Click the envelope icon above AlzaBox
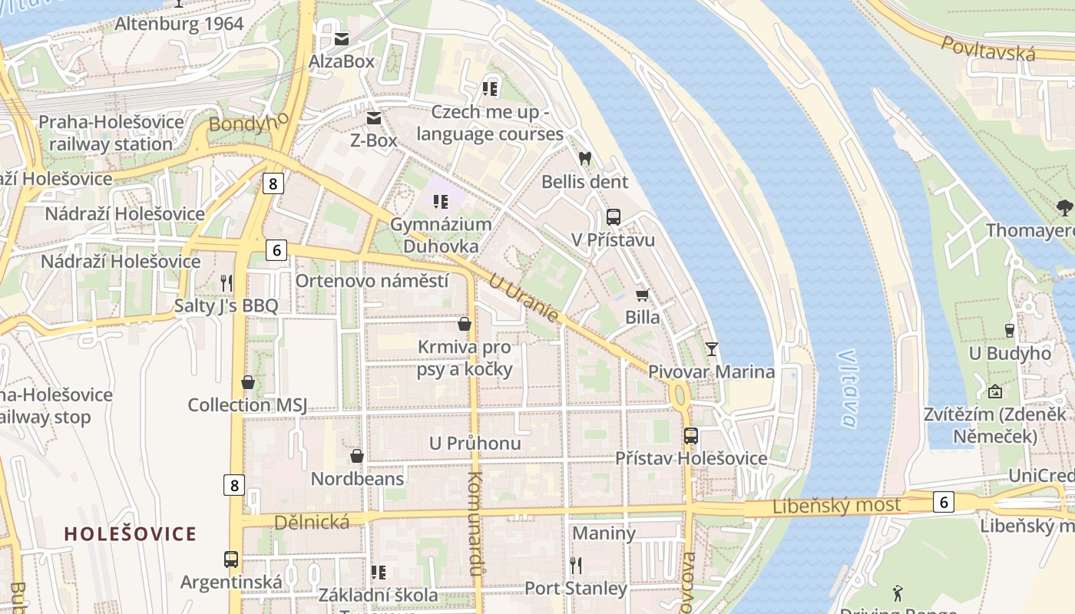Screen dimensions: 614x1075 342,38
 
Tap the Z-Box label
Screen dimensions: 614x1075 374,140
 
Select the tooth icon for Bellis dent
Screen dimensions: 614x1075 584,159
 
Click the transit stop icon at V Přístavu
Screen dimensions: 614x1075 613,217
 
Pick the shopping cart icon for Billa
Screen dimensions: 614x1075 642,295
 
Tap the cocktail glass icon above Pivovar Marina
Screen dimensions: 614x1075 712,349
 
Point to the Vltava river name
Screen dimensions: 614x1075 847,388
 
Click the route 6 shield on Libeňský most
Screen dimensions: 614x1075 944,502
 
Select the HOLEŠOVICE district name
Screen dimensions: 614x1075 130,533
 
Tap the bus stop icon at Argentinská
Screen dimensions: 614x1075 231,560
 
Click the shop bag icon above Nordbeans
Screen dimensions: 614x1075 357,456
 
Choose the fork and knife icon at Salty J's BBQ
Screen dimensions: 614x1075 226,282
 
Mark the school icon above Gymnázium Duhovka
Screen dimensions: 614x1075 441,202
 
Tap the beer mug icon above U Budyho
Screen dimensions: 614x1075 1009,331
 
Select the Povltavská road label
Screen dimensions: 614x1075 988,48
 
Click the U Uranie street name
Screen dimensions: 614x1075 523,299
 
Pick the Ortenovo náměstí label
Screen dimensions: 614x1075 372,281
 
